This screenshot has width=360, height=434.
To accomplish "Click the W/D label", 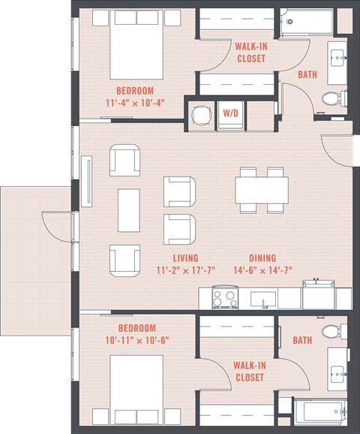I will (x=230, y=113).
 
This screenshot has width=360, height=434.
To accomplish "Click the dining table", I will (x=261, y=188).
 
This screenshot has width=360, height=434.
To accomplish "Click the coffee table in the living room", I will (x=129, y=209).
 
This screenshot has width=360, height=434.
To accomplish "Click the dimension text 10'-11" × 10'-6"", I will (x=136, y=339).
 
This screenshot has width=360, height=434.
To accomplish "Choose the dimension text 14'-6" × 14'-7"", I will (x=262, y=270).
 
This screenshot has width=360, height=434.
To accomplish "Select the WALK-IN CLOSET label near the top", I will (x=250, y=53).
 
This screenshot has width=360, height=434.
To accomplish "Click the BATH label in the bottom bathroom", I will (x=302, y=340).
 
